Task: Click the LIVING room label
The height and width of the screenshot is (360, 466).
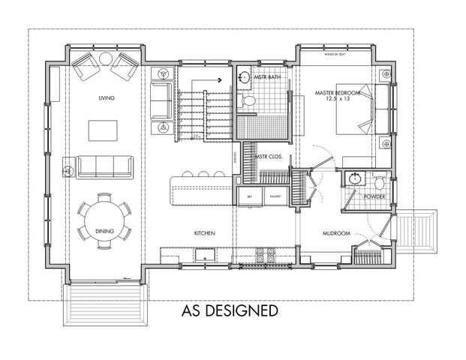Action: [106, 98]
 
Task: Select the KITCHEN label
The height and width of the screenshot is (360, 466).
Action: [205, 233]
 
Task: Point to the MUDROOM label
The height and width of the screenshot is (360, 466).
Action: [337, 233]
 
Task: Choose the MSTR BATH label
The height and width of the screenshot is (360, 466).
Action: [266, 77]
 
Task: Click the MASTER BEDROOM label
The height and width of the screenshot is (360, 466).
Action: [338, 93]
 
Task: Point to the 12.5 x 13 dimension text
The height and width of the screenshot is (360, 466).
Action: [338, 100]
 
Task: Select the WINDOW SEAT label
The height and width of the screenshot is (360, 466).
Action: [335, 55]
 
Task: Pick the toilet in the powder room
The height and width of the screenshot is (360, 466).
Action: [380, 182]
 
